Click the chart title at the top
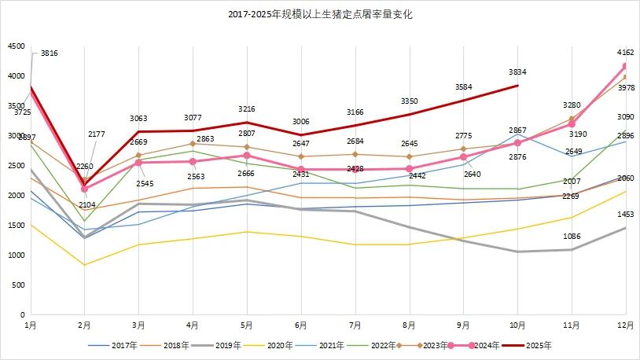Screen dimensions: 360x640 tap(320, 15)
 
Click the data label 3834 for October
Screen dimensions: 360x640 tap(517, 72)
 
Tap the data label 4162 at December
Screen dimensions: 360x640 tap(626, 53)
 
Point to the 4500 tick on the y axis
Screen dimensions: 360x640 tap(16, 46)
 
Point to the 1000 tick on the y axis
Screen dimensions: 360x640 tap(16, 255)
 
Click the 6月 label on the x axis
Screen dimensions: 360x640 tap(300, 324)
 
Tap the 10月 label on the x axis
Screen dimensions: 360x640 tap(517, 324)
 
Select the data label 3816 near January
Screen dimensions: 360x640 tap(48, 53)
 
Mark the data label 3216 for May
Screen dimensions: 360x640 tap(246, 108)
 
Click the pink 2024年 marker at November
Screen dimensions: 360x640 tap(572, 124)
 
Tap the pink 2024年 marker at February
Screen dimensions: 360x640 tap(84, 189)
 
